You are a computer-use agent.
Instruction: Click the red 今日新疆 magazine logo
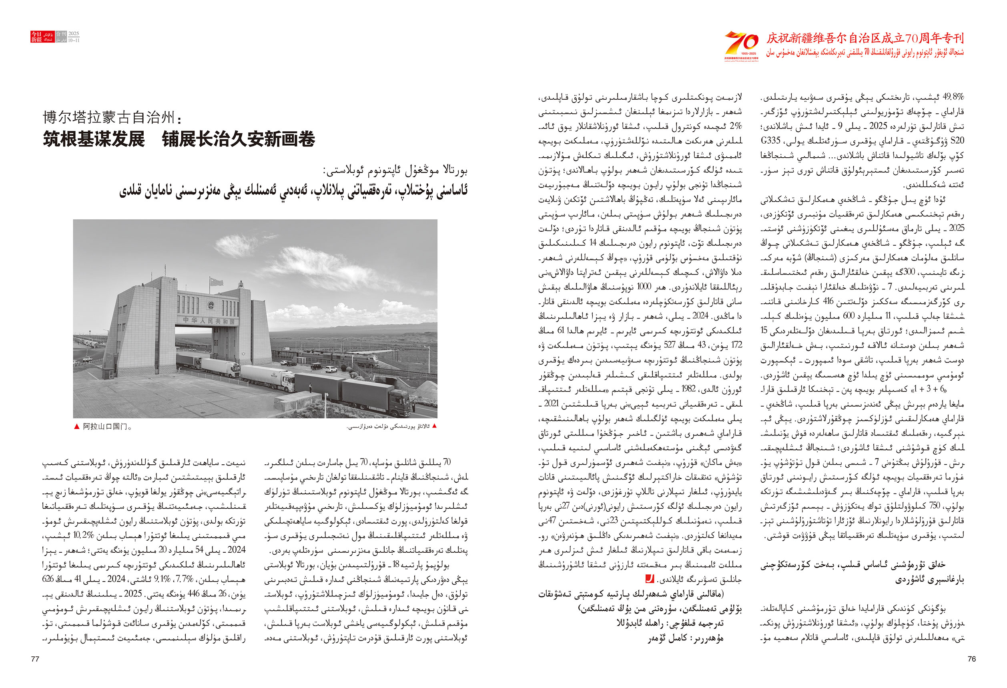coord(36,37)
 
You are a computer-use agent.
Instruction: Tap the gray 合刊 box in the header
coord(61,34)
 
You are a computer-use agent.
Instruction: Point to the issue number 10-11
coord(74,40)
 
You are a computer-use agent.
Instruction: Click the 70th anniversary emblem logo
coord(741,45)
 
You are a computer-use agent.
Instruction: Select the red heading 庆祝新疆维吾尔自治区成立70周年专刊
coord(865,38)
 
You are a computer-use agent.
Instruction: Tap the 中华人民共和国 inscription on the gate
coord(210,321)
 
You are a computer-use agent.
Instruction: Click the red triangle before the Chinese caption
coord(77,426)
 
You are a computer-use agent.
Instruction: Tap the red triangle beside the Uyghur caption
coord(434,426)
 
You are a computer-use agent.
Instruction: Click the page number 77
coord(35,659)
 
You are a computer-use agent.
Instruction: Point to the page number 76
coord(971,659)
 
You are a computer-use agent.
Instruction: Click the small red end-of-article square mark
coord(650,579)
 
